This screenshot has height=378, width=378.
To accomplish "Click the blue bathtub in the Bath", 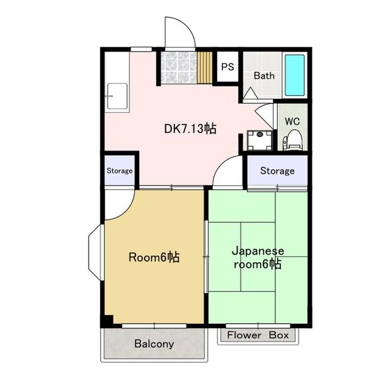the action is (295, 75).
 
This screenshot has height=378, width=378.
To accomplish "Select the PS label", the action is (227, 67).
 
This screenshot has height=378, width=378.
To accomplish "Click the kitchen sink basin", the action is (117, 96).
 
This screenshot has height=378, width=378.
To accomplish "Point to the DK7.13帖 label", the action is (190, 129).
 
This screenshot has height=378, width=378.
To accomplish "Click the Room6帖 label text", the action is (154, 257).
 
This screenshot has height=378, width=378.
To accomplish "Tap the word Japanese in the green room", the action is (258, 251).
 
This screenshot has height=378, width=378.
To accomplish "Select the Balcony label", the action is (154, 344).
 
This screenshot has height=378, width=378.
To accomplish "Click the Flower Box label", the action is (258, 335).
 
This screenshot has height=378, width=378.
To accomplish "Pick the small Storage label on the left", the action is (120, 171).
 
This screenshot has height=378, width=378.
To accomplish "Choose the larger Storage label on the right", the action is (277, 171).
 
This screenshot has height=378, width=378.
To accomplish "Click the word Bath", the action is (264, 76).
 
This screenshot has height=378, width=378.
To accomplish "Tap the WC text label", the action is (292, 121).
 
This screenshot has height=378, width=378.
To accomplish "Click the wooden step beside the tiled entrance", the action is (205, 67).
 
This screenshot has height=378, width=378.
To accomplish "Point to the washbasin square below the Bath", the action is (260, 140).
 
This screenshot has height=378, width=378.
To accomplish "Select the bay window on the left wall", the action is (95, 253).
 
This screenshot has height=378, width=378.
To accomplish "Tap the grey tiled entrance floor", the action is (179, 67).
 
